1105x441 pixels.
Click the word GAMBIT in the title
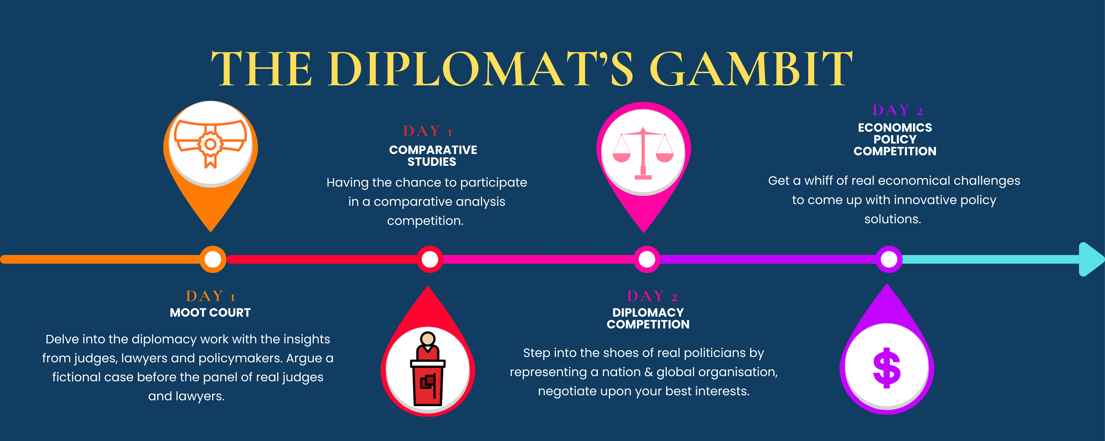(x=751, y=69)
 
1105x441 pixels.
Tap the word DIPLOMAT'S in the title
(x=480, y=69)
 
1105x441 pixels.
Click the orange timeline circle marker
(x=213, y=259)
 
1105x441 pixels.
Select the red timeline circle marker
(x=430, y=259)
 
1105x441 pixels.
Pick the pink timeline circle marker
(x=647, y=259)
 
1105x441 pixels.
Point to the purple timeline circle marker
(x=889, y=259)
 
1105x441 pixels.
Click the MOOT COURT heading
(x=210, y=313)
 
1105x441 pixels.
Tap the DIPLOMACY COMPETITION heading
(x=648, y=318)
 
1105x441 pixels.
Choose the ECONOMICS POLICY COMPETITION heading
(x=895, y=139)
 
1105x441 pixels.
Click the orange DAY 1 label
(x=210, y=296)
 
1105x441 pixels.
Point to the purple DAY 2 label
(x=897, y=111)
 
